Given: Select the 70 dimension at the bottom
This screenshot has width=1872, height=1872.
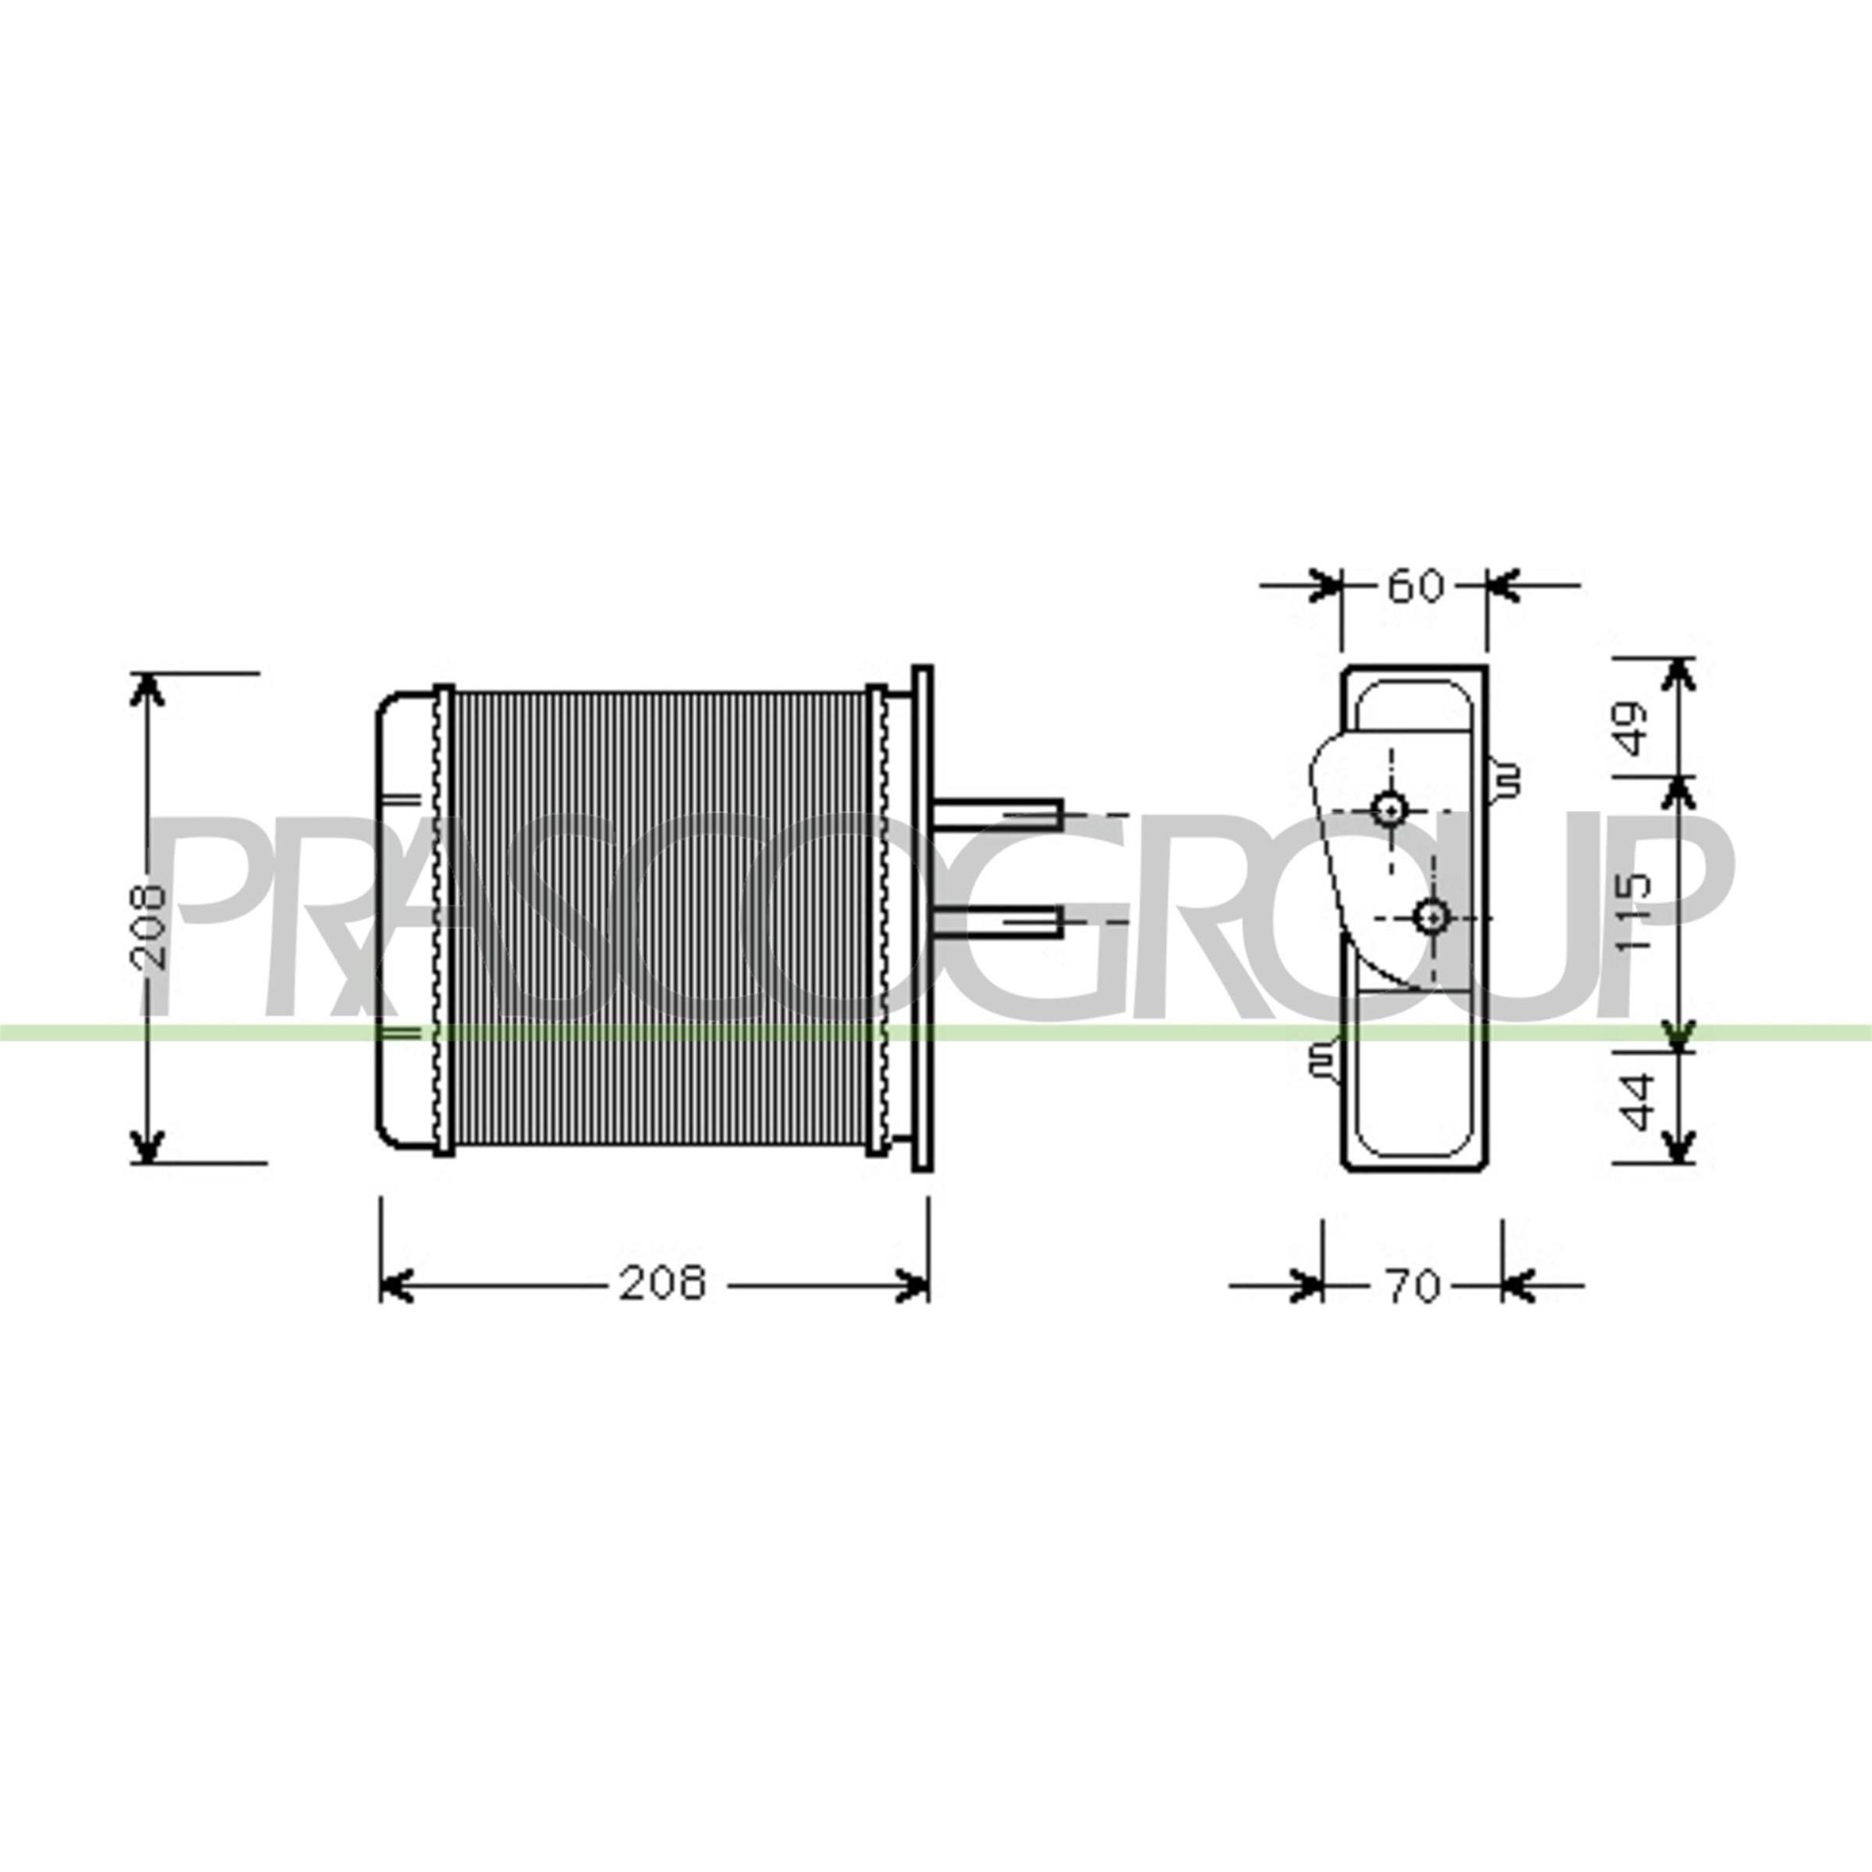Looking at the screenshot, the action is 1413,1287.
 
